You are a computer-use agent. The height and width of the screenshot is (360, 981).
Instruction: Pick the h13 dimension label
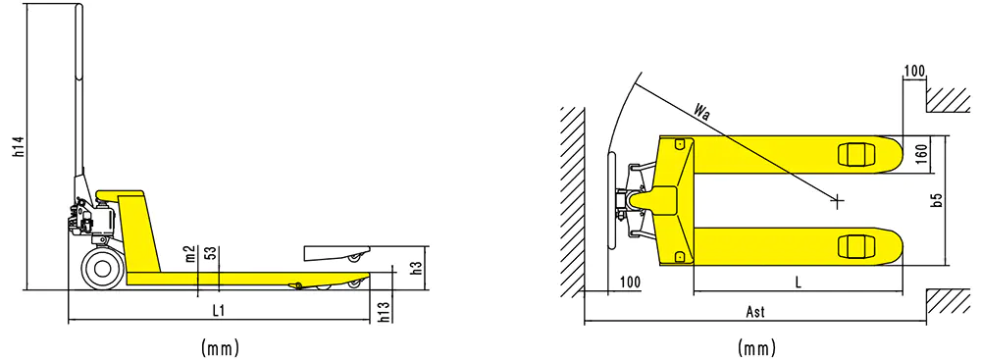(386, 312)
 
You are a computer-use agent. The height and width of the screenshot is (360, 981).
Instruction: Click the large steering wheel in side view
(101, 270)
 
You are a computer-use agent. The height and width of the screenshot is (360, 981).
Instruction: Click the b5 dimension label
(936, 200)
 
